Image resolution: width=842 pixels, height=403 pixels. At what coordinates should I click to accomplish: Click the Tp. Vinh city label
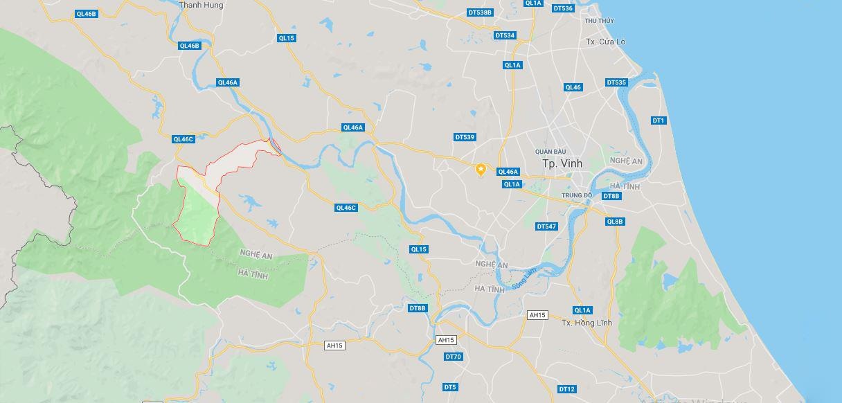[562, 163]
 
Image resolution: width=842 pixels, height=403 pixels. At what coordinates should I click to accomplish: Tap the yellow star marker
[481, 169]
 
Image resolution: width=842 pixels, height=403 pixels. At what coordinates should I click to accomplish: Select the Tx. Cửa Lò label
[605, 42]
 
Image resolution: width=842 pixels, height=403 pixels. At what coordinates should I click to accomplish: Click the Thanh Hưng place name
[201, 5]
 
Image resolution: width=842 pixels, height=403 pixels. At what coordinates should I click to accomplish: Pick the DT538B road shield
[479, 12]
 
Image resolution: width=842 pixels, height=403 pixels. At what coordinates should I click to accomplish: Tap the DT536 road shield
[564, 8]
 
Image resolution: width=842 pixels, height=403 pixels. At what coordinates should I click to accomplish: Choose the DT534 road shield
[505, 35]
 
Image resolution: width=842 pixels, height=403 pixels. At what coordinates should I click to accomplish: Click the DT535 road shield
[616, 82]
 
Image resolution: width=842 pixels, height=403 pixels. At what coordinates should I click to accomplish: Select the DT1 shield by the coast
[658, 120]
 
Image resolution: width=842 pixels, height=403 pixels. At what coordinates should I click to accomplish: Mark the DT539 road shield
[465, 137]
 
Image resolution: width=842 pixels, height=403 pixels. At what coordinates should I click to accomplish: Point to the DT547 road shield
[546, 226]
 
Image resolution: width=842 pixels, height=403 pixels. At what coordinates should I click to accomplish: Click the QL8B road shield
[614, 222]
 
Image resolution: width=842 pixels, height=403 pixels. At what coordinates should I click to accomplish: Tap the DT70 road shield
[453, 357]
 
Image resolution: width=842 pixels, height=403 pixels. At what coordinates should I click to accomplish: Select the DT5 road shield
[450, 386]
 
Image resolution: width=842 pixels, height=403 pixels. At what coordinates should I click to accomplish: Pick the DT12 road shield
[566, 389]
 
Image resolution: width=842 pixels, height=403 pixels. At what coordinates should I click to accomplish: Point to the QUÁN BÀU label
[550, 151]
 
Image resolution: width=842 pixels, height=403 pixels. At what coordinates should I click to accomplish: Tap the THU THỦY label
[599, 21]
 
